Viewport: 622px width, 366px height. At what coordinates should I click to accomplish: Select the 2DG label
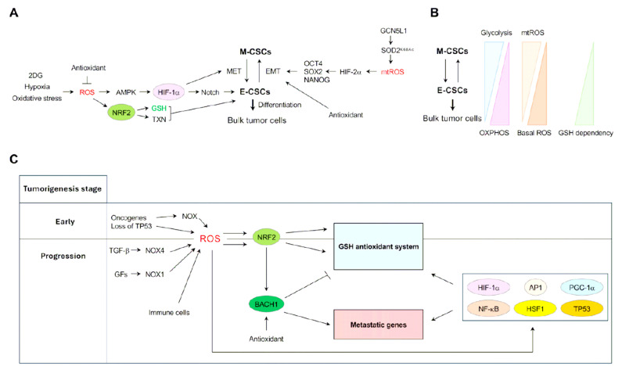coord(35,74)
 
